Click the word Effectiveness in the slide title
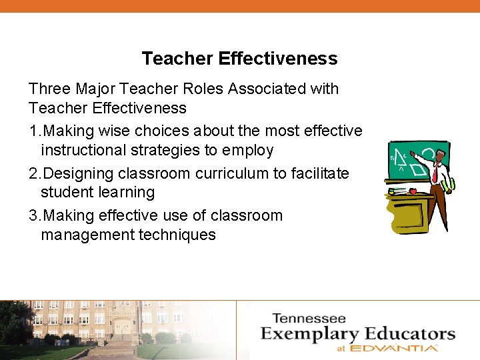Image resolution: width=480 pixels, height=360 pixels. click(277, 59)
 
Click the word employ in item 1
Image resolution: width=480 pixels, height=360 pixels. click(249, 151)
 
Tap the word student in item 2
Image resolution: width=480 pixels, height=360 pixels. click(65, 193)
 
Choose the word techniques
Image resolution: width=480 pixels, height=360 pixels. click(177, 235)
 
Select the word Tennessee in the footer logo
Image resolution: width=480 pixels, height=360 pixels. click(309, 319)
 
